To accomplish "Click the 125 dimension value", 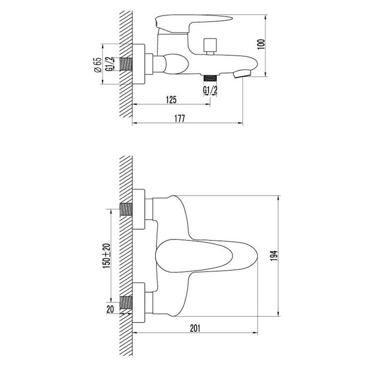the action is [x=172, y=100].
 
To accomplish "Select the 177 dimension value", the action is [x=180, y=119].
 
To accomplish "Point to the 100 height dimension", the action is [x=262, y=44].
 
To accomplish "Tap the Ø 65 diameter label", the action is [x=98, y=65].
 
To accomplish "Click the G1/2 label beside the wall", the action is [x=109, y=64].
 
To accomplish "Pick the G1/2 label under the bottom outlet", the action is [x=210, y=90].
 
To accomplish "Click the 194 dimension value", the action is [x=274, y=256].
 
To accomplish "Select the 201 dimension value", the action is [x=195, y=328].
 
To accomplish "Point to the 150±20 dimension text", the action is [x=106, y=256].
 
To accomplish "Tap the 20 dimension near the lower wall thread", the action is [x=110, y=309].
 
